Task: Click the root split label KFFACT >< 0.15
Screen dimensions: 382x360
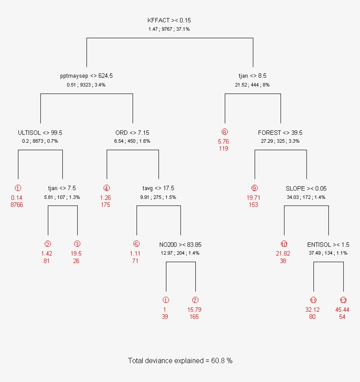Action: [169, 21]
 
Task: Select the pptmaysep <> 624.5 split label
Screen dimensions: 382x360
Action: [86, 76]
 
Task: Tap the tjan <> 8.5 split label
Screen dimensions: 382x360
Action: [252, 76]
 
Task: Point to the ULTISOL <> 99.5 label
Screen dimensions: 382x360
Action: [40, 133]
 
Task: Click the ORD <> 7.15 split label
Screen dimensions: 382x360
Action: [133, 133]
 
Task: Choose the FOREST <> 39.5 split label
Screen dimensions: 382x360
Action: [280, 133]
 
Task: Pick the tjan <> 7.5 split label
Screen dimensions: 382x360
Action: [62, 188]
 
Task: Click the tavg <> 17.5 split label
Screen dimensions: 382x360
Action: [158, 188]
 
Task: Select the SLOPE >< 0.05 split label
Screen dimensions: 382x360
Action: [306, 188]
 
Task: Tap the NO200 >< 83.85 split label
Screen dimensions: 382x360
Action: [180, 245]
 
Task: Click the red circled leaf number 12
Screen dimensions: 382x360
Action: [343, 300]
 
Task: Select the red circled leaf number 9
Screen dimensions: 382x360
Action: [254, 188]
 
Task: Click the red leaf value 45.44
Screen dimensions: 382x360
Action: [342, 310]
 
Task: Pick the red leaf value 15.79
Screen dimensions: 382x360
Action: [194, 310]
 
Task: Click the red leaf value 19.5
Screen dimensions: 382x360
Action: [76, 254]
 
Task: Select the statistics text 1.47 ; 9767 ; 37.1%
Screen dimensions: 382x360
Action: [169, 29]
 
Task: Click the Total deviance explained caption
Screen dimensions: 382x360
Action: [180, 361]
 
